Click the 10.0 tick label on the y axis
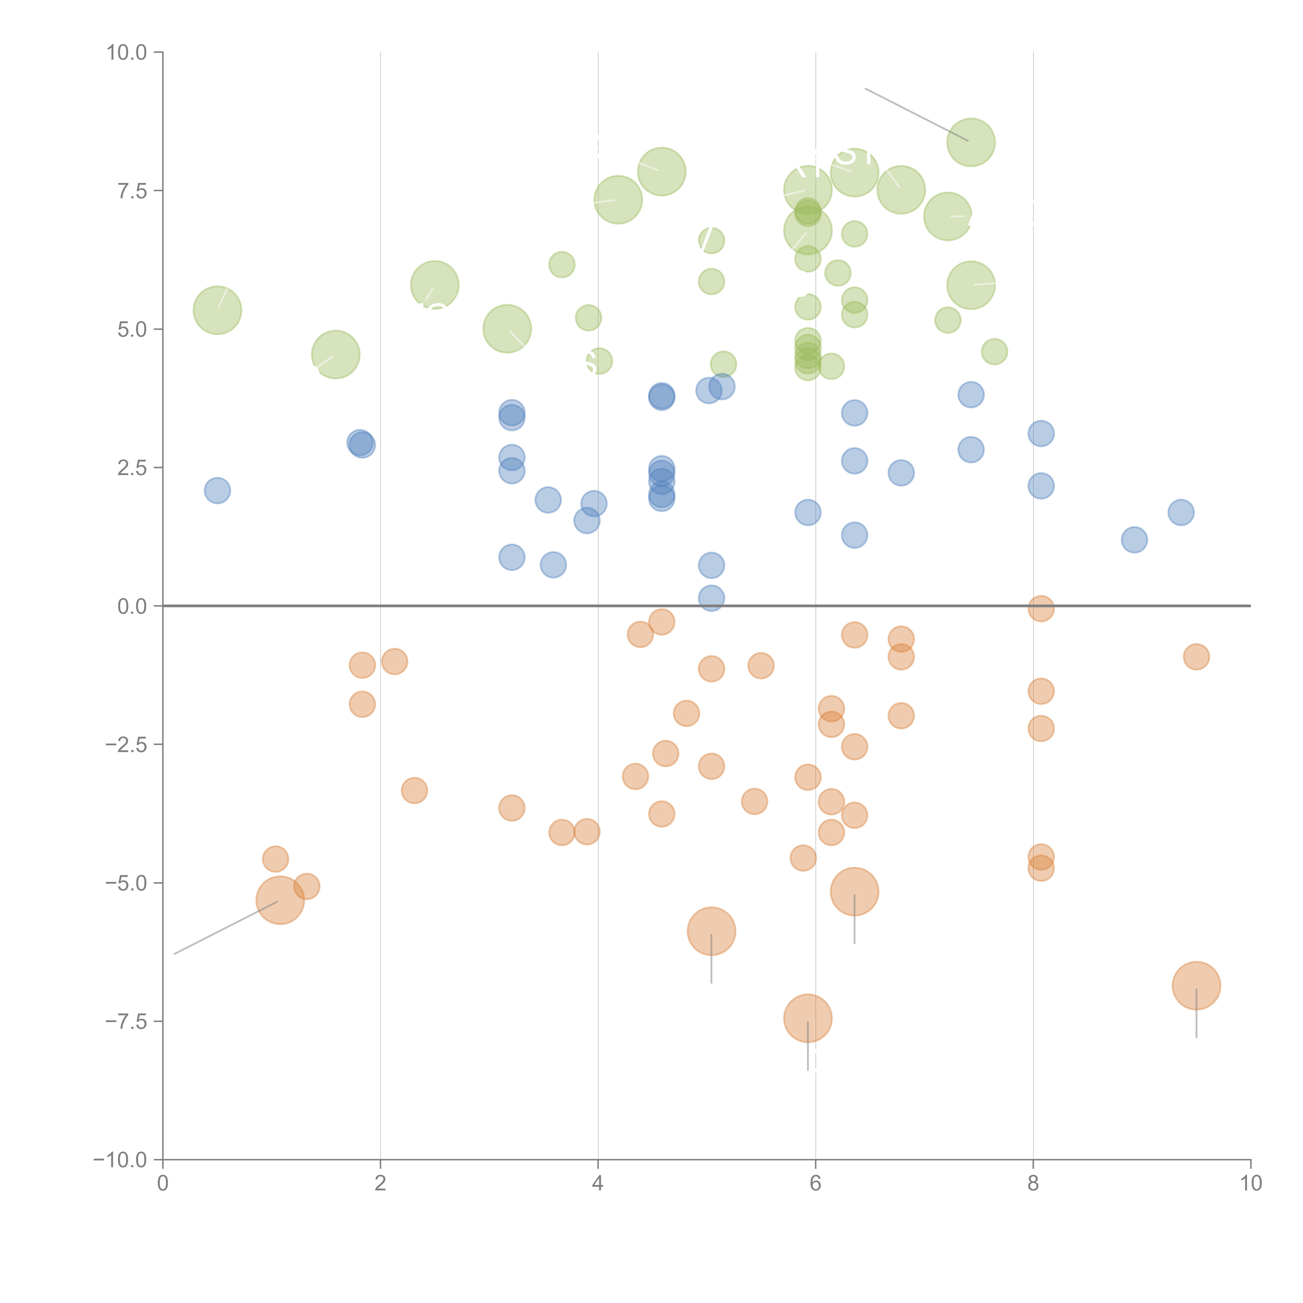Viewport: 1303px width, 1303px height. click(x=127, y=53)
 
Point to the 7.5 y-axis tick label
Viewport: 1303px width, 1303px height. click(x=132, y=191)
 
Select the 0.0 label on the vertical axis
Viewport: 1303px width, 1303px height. click(x=132, y=606)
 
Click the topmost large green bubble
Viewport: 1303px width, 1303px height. click(x=970, y=142)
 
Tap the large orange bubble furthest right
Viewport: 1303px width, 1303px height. click(x=1196, y=985)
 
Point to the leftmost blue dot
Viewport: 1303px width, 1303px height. click(x=217, y=490)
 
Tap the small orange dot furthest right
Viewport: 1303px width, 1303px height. click(x=1196, y=656)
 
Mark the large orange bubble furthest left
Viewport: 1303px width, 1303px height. click(x=280, y=900)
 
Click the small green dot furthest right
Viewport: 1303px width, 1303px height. click(x=994, y=351)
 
